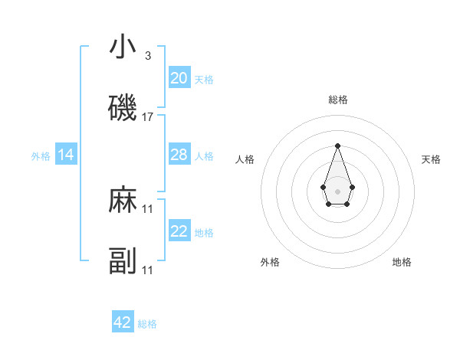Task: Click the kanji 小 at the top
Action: [123, 47]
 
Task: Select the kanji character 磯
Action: [123, 109]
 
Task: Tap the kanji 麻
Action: [123, 201]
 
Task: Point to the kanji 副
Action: [123, 262]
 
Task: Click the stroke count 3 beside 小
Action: [148, 56]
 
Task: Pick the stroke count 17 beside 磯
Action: [148, 117]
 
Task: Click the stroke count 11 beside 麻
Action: [148, 209]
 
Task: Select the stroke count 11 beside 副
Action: [148, 270]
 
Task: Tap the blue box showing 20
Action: [179, 78]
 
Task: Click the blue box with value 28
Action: [179, 155]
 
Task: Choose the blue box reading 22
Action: [179, 231]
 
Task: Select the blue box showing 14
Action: [66, 155]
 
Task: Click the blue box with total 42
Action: [123, 322]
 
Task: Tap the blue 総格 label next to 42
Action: [147, 324]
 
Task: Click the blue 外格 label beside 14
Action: [41, 156]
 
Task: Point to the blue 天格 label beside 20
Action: [204, 80]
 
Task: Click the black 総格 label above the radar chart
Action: [338, 100]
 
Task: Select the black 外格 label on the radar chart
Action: [270, 263]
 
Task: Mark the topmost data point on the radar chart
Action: [337, 146]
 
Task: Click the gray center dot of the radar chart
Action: [337, 190]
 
